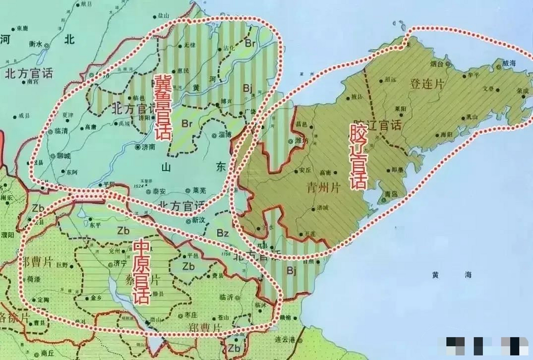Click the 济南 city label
click(149, 147)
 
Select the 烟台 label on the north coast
click(437, 64)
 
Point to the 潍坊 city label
click(302, 141)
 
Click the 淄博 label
click(225, 135)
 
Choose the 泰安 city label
click(159, 192)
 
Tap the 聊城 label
click(64, 156)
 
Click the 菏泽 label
click(33, 279)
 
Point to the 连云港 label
click(285, 340)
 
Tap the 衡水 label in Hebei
click(35, 44)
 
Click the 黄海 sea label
click(452, 275)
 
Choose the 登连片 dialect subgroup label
click(427, 84)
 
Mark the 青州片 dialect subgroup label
click(323, 188)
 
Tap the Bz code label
click(222, 233)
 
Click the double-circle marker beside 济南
click(138, 147)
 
